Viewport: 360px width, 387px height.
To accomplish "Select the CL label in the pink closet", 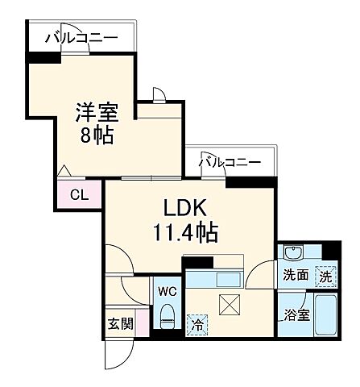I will [x=79, y=193].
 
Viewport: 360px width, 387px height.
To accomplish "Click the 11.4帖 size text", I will [x=186, y=235].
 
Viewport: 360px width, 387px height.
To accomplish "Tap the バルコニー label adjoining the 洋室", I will [x=81, y=37].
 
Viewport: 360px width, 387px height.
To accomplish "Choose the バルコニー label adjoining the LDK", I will [x=230, y=163].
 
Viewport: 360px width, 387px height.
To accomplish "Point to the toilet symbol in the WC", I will [x=167, y=314].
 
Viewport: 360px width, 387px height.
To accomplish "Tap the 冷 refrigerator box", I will [x=197, y=325].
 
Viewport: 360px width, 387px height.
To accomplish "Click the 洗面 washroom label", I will [x=294, y=274].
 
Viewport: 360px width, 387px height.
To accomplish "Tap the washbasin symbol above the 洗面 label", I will [x=294, y=252].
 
